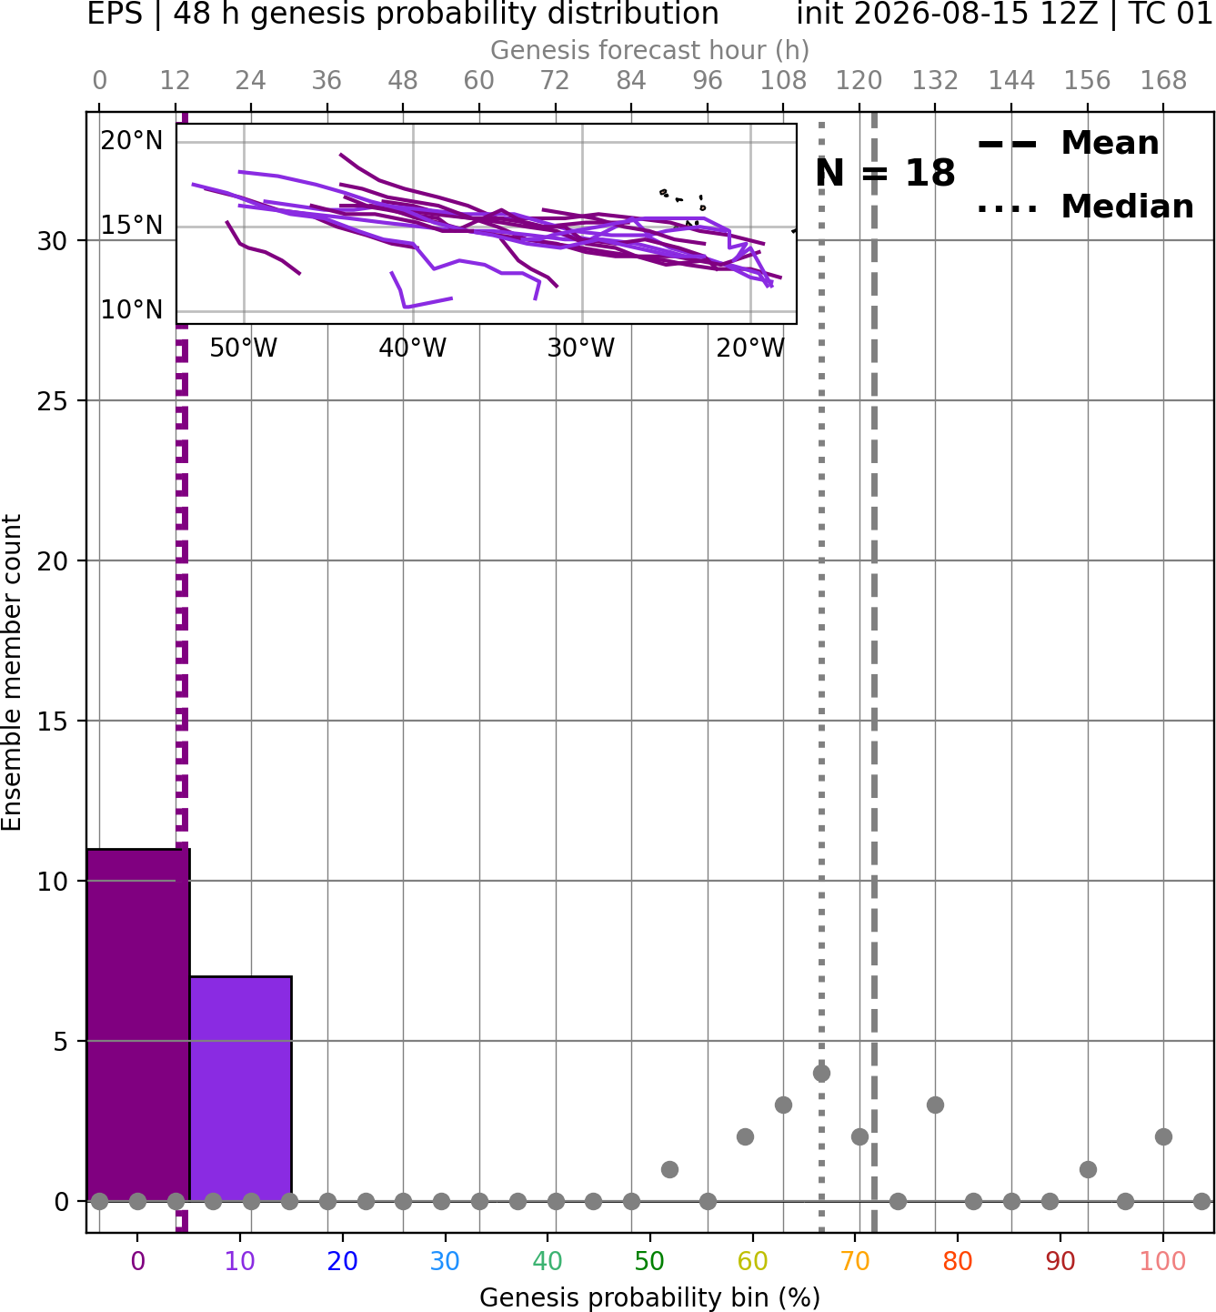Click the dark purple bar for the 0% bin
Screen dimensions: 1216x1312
(138, 1024)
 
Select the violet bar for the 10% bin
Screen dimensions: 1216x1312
(241, 1088)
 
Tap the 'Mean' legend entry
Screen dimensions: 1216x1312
(1068, 144)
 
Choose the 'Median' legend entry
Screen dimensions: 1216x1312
(1085, 207)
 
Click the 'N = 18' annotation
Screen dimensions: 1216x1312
(885, 173)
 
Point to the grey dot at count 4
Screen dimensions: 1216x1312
(821, 1074)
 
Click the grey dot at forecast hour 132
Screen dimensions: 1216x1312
(935, 1105)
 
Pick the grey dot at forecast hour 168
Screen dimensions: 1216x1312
(1164, 1137)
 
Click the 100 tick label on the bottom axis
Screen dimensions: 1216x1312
(1163, 1261)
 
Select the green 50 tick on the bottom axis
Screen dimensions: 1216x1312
(650, 1261)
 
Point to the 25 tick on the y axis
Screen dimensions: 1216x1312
(53, 401)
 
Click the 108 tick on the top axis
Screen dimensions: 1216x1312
(783, 81)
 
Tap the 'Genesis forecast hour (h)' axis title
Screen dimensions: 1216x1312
(650, 50)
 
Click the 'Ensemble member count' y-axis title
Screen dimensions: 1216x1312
(12, 672)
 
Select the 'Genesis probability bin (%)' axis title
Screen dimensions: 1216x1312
(650, 1297)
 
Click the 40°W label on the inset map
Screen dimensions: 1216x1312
(413, 348)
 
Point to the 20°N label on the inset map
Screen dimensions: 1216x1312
(132, 141)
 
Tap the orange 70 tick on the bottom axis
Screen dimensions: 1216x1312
(855, 1261)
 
